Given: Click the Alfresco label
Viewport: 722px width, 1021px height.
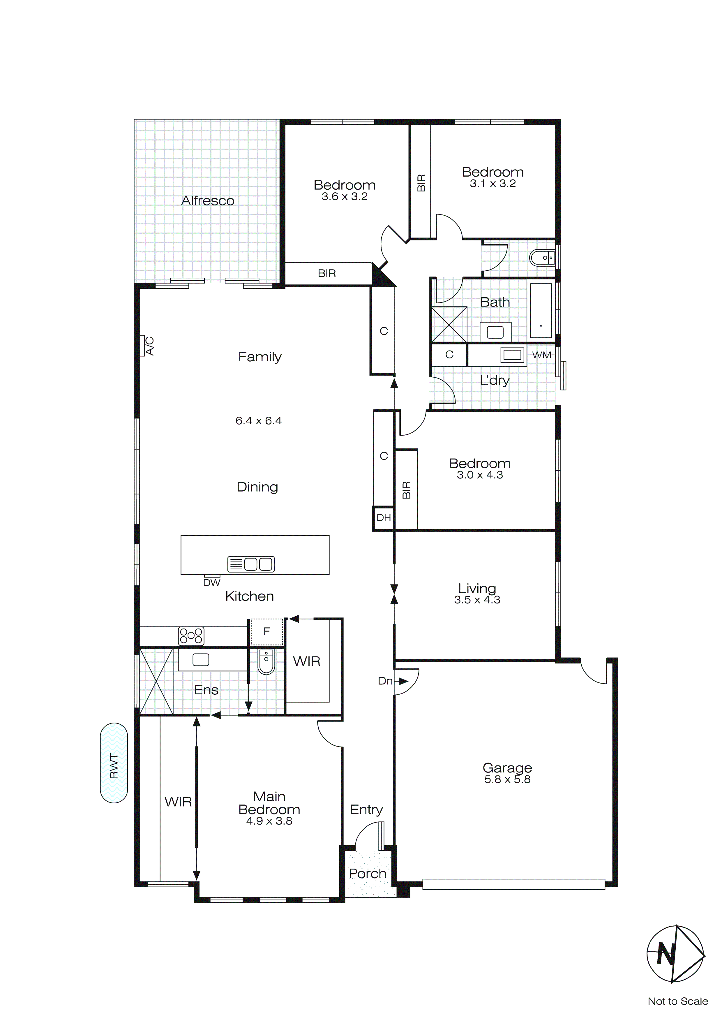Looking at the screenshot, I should (208, 201).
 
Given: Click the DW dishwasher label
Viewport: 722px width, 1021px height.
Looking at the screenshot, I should (212, 582).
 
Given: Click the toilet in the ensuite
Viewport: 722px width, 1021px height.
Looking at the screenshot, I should (266, 662).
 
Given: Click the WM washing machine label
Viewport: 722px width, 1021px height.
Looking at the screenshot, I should (541, 355).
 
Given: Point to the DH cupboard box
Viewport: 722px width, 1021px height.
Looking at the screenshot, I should (383, 517).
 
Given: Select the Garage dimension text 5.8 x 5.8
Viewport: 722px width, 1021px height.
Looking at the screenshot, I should (507, 779).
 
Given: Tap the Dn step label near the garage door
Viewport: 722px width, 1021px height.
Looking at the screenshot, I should (385, 681).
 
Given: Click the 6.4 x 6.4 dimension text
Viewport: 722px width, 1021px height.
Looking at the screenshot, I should (258, 421).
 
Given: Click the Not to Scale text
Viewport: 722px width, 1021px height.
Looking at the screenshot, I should (677, 1001).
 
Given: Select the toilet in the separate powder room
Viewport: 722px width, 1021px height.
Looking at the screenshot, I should (542, 258).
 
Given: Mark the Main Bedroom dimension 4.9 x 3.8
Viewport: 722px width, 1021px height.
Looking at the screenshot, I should (269, 821).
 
